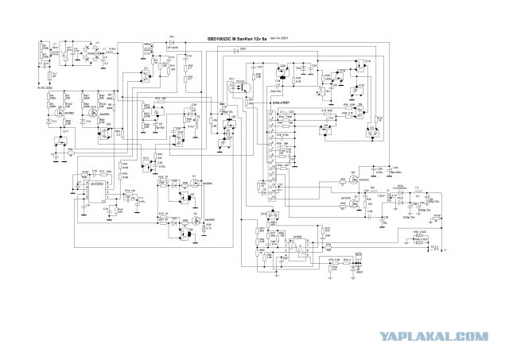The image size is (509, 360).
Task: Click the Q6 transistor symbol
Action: pyautogui.click(x=351, y=178)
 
